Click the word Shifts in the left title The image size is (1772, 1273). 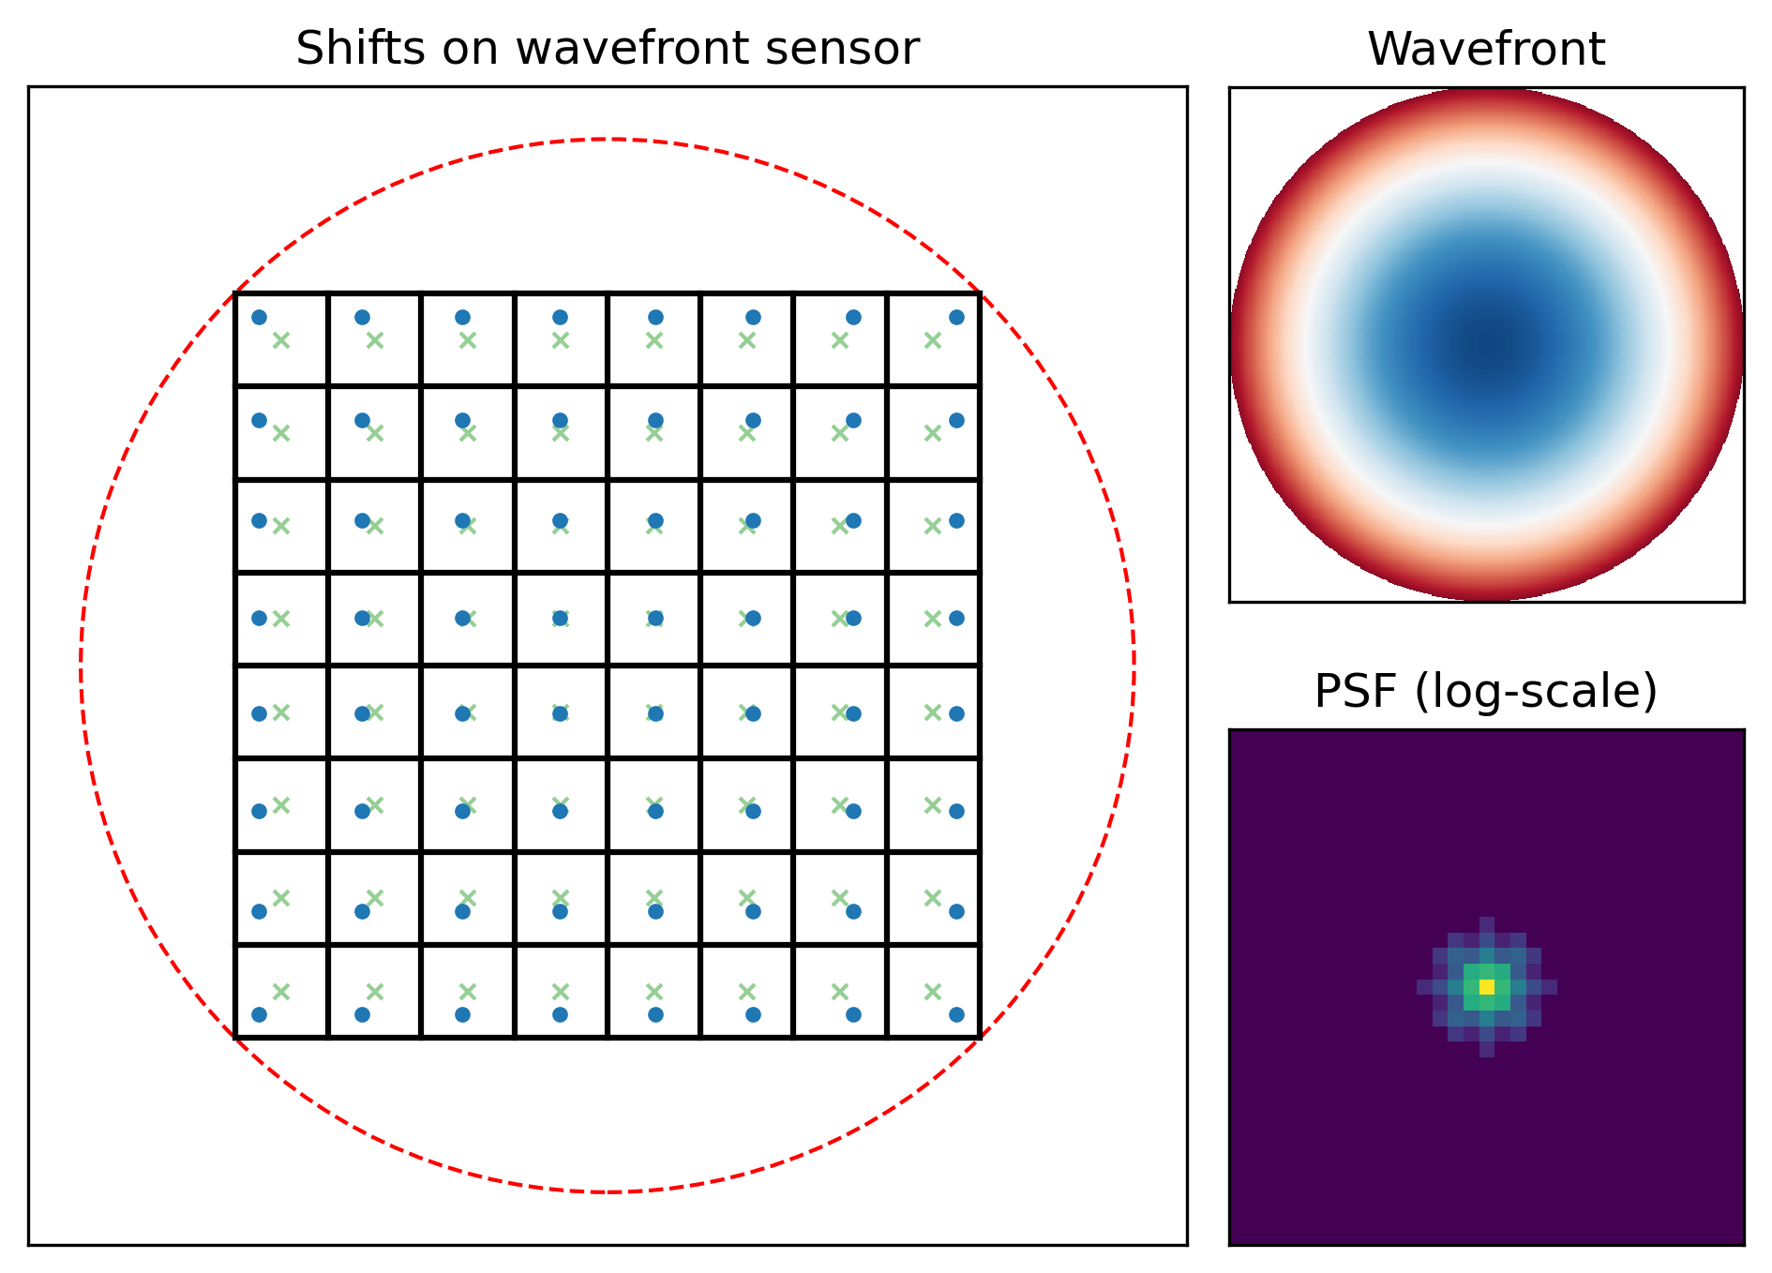347,49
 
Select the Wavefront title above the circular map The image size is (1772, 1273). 1486,49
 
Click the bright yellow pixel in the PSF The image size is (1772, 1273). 1487,987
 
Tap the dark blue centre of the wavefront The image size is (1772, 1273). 1487,345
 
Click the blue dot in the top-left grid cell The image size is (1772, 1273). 260,317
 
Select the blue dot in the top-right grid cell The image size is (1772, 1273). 956,317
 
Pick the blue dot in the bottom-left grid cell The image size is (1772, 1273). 260,1014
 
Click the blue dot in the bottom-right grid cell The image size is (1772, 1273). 956,1014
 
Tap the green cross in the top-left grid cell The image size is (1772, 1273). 281,340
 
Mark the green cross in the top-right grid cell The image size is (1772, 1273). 933,340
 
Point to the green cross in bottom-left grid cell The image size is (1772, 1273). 281,992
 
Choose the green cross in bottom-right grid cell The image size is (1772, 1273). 933,992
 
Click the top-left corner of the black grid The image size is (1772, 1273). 235,293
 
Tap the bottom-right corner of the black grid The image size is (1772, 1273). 980,1037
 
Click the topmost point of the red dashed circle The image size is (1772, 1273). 608,140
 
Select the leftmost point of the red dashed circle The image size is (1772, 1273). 81,666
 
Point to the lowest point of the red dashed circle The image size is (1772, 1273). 608,1192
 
